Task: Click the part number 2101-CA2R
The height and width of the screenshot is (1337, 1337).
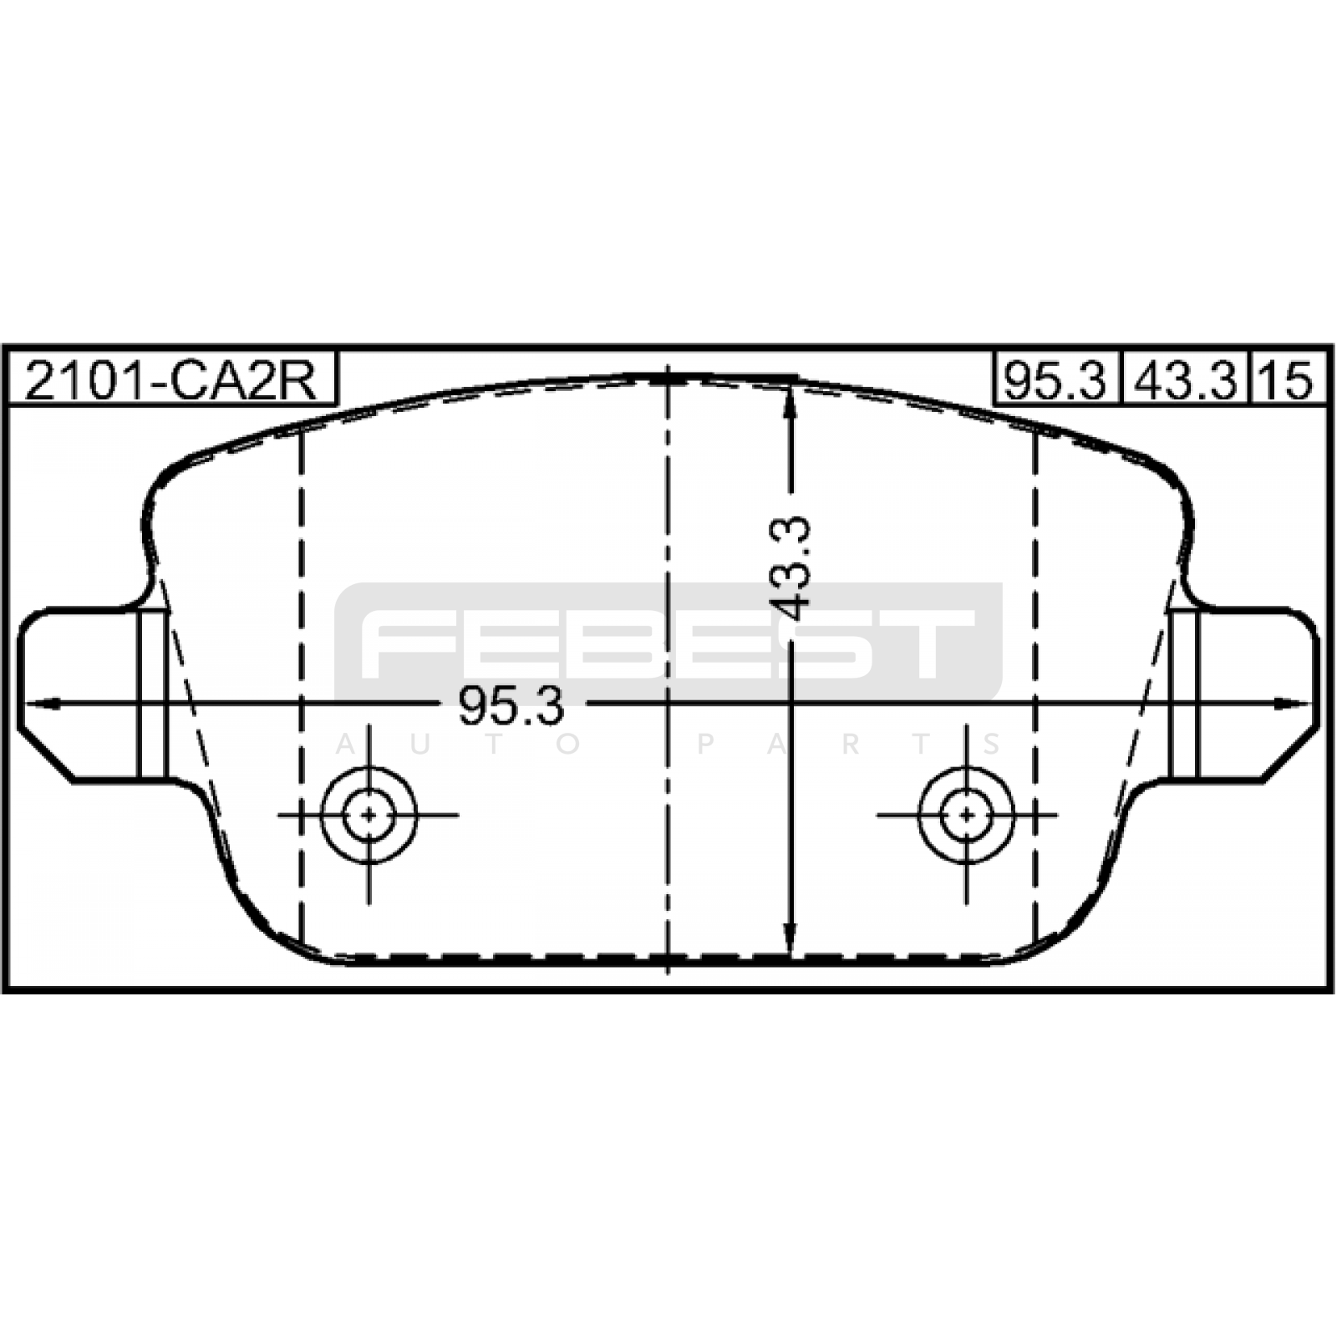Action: (x=171, y=381)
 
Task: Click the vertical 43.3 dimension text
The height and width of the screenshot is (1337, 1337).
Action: (x=790, y=567)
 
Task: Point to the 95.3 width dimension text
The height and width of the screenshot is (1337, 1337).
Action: (x=511, y=706)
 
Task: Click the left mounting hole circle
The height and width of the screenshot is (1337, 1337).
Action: (x=369, y=814)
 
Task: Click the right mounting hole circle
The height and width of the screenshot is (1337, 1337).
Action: (x=967, y=814)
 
